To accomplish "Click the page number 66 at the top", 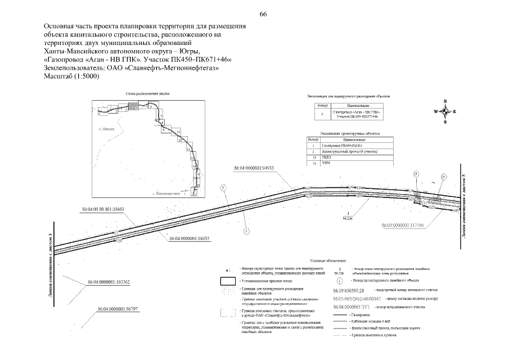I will click(263, 14).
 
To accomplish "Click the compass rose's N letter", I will click(445, 101).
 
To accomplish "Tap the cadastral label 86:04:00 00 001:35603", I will click(102, 209).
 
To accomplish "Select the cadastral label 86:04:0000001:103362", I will click(109, 282).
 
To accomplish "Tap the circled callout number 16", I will click(443, 177).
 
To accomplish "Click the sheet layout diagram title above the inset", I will click(148, 94).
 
